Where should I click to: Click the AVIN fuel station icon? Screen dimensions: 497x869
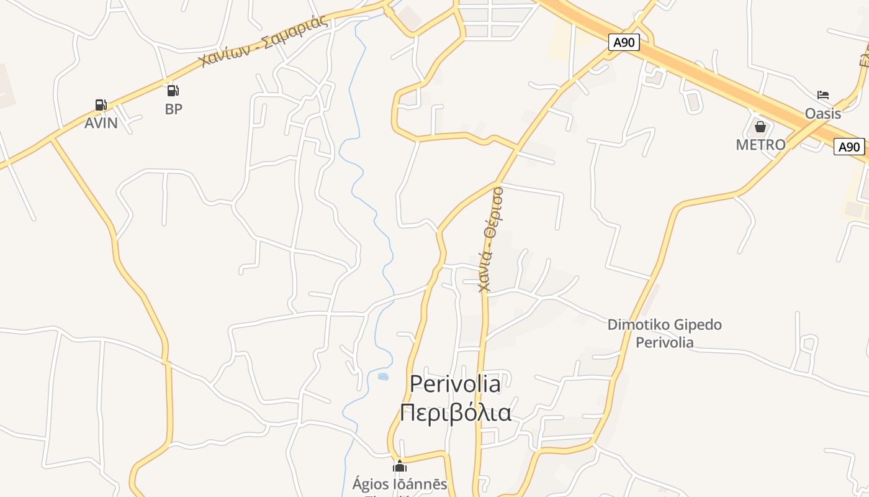(x=101, y=105)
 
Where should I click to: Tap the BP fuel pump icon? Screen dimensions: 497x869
(x=173, y=91)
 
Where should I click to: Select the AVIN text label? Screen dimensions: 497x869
(x=101, y=123)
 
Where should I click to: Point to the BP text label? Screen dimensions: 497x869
(x=174, y=109)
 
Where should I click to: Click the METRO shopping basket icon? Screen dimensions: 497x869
(x=760, y=127)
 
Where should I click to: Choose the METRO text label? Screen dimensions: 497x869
(x=760, y=145)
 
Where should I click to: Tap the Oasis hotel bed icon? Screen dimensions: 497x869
(x=823, y=95)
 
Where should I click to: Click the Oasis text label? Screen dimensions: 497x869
(x=823, y=113)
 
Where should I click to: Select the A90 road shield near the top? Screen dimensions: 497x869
(x=624, y=42)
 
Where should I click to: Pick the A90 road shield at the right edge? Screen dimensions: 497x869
(x=849, y=147)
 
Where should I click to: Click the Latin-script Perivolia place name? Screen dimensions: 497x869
(x=455, y=384)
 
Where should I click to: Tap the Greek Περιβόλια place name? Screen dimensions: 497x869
(x=455, y=412)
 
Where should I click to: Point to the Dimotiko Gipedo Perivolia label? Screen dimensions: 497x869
(x=664, y=333)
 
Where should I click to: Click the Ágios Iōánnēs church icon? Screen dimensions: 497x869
(x=400, y=466)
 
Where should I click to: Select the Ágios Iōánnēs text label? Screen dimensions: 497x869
(x=400, y=484)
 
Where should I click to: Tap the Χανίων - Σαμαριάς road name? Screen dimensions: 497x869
(x=263, y=41)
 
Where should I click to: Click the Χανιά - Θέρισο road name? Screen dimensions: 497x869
(x=491, y=239)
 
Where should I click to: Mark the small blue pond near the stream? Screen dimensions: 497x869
(x=383, y=376)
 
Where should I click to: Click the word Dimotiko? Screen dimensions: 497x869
(x=634, y=324)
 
